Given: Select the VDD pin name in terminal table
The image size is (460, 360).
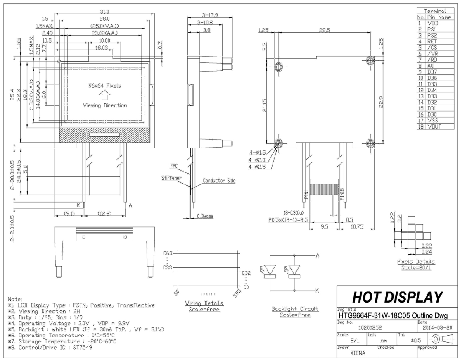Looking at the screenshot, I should click(x=434, y=24).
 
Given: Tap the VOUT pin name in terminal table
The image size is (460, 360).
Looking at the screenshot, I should click(x=435, y=126).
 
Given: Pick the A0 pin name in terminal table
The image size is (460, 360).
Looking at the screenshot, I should click(x=432, y=65).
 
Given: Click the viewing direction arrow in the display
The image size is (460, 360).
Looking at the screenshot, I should click(x=105, y=96).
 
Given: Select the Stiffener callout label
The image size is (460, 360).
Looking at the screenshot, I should click(x=171, y=178).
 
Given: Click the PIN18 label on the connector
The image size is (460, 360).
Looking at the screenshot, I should click(x=342, y=194).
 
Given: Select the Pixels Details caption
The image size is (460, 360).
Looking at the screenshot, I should click(x=416, y=262).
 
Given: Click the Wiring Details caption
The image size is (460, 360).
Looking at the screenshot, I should click(x=202, y=303).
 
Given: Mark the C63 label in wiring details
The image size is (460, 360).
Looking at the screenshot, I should click(x=167, y=253).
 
